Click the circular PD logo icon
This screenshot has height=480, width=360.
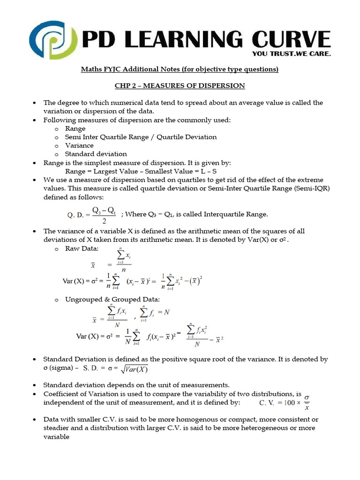point(52,38)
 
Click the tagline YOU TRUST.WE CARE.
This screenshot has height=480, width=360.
point(292,53)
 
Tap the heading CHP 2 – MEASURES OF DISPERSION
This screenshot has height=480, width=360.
point(180,85)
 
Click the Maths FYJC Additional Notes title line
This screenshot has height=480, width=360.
point(180,69)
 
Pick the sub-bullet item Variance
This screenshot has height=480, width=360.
point(79,145)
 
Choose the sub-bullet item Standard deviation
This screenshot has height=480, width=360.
point(96,154)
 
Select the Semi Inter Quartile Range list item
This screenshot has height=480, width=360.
point(141,137)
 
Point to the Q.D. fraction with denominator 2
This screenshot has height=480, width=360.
point(104,215)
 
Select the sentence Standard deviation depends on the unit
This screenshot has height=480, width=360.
point(136,384)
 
